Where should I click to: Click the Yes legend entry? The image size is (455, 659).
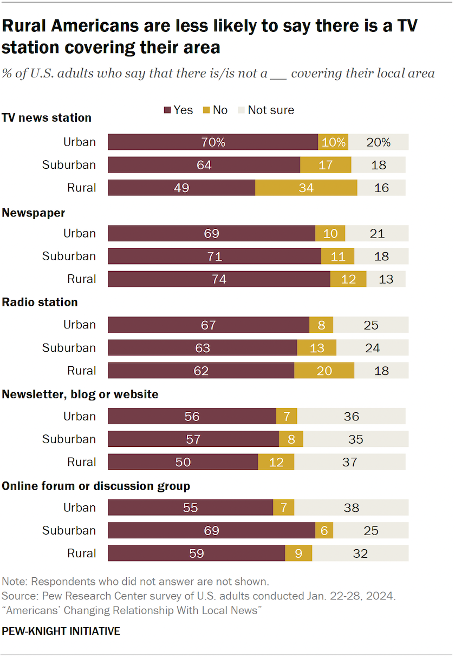(x=178, y=110)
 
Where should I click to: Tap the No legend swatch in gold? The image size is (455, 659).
(x=205, y=110)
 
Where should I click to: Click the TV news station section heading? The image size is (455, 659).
(x=47, y=118)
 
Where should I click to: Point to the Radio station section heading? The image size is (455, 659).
(x=40, y=302)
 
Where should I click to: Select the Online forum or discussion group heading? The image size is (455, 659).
(x=96, y=486)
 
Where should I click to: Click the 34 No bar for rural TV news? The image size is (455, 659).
(x=306, y=188)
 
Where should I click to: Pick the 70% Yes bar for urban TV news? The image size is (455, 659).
(x=213, y=142)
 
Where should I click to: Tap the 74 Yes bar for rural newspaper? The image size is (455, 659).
(x=219, y=279)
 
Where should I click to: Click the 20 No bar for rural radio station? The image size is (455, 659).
(x=324, y=371)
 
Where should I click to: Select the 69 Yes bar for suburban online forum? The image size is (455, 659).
(x=211, y=531)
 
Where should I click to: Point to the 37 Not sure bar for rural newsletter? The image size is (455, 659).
(x=349, y=462)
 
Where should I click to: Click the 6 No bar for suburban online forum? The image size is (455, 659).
(x=324, y=531)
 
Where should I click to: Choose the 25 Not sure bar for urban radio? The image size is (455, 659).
(x=370, y=325)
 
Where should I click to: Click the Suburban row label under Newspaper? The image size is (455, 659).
(x=69, y=256)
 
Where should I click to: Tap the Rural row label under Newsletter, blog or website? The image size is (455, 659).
(x=81, y=462)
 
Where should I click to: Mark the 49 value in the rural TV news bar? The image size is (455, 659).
(x=181, y=188)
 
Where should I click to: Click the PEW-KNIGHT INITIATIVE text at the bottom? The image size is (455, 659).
(x=61, y=631)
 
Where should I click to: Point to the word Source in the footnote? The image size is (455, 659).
(x=18, y=596)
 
